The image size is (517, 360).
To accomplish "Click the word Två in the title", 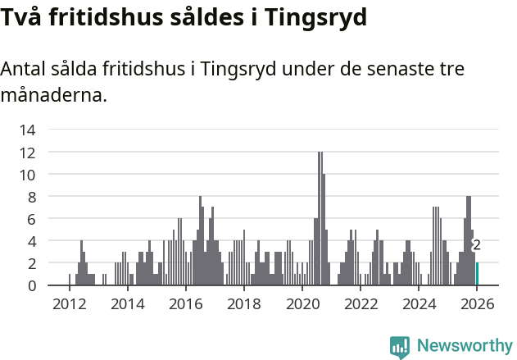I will (22, 17).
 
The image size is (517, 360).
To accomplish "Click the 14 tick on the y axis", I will (27, 130).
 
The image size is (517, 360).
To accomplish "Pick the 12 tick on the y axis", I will (27, 153).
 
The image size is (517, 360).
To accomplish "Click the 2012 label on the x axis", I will (69, 304).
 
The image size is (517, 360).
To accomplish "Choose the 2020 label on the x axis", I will (302, 304).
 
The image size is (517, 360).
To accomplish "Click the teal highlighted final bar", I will (477, 274).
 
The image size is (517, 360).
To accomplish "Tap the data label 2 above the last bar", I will (477, 245).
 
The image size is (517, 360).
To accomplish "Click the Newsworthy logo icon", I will (400, 346).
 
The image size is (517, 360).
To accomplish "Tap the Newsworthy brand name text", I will (464, 346).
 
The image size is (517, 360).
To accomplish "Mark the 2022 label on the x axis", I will (361, 304).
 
